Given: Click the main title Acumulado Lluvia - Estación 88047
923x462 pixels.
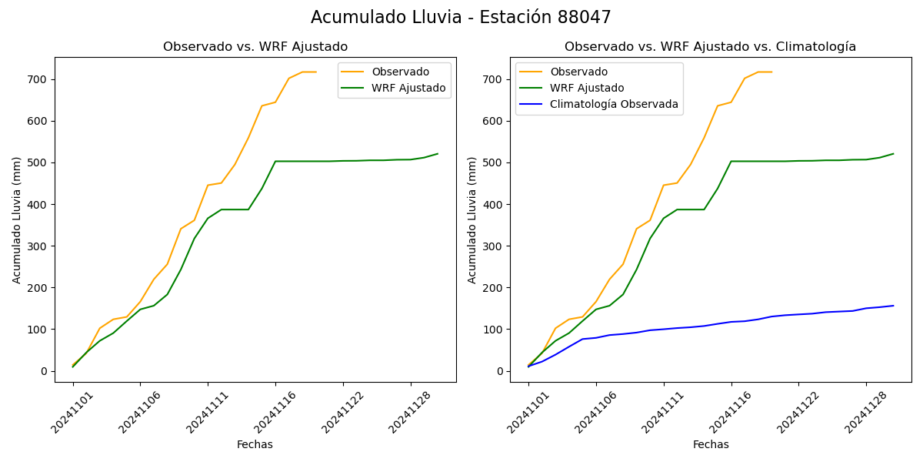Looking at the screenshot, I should click(461, 18).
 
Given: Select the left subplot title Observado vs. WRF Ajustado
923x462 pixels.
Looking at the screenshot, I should click(255, 47).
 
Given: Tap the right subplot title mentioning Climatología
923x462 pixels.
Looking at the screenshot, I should click(710, 47).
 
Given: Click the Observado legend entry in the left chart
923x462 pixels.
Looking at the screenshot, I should click(400, 72).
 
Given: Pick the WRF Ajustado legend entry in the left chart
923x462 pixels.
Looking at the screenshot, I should click(408, 88).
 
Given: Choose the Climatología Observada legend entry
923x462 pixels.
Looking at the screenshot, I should click(614, 105).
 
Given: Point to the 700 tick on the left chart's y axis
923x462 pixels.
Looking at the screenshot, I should click(38, 79).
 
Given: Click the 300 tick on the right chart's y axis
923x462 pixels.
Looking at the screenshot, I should click(494, 246).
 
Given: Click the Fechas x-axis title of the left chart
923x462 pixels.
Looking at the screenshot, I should click(255, 444).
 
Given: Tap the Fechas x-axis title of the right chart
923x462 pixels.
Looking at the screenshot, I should click(711, 444).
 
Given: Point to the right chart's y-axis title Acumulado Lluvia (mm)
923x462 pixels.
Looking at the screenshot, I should click(472, 219).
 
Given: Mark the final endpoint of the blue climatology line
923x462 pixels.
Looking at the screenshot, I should click(893, 306).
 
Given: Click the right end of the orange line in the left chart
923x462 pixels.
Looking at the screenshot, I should click(316, 72).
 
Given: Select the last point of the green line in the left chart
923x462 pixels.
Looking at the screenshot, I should click(438, 154).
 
